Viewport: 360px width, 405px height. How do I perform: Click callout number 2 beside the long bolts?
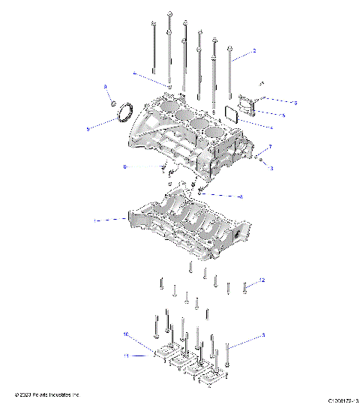coord(254,51)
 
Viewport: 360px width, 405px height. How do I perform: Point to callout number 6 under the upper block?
coord(125,166)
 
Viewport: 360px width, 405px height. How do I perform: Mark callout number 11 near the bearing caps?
coord(127,355)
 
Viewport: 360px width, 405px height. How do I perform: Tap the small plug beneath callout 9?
coord(113,104)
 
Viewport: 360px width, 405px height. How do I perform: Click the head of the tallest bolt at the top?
coord(171,14)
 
